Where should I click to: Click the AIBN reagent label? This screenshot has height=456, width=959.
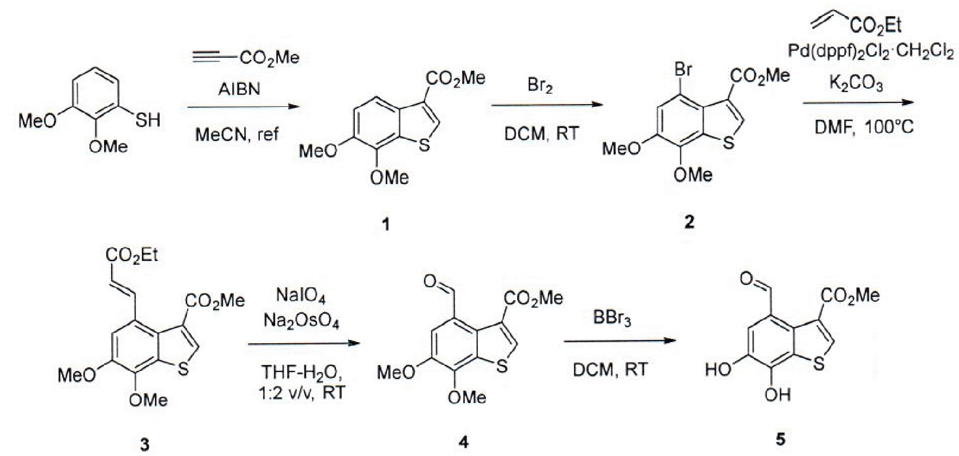tap(239, 88)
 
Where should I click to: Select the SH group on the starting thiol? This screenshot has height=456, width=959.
tap(148, 119)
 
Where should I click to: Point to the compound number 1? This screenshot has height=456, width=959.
tap(386, 224)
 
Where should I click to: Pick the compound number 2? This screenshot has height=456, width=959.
tap(689, 222)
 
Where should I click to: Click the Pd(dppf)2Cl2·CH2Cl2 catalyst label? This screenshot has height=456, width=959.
tap(871, 52)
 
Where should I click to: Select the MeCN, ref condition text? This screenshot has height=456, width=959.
tap(237, 134)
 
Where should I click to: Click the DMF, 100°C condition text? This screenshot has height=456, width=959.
tap(864, 127)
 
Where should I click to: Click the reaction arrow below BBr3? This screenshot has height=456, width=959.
tap(618, 342)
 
